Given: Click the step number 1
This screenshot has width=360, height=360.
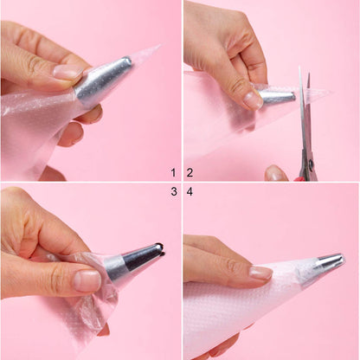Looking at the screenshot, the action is click(x=173, y=173).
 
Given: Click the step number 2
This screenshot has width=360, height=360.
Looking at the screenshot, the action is click(x=190, y=173).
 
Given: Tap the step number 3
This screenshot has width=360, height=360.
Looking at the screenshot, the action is click(x=174, y=191).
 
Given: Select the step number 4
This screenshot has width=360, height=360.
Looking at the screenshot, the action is click(x=190, y=191).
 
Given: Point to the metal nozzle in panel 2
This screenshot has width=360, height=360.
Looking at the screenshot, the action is click(x=276, y=97).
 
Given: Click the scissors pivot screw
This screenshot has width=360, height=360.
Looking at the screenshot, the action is click(x=312, y=164).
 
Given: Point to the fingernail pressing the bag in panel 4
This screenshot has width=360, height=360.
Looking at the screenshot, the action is click(x=260, y=273).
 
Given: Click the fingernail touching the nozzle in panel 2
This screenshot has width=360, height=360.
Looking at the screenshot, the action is click(x=252, y=100).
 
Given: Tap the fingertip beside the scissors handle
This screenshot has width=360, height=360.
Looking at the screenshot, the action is click(x=276, y=173).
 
